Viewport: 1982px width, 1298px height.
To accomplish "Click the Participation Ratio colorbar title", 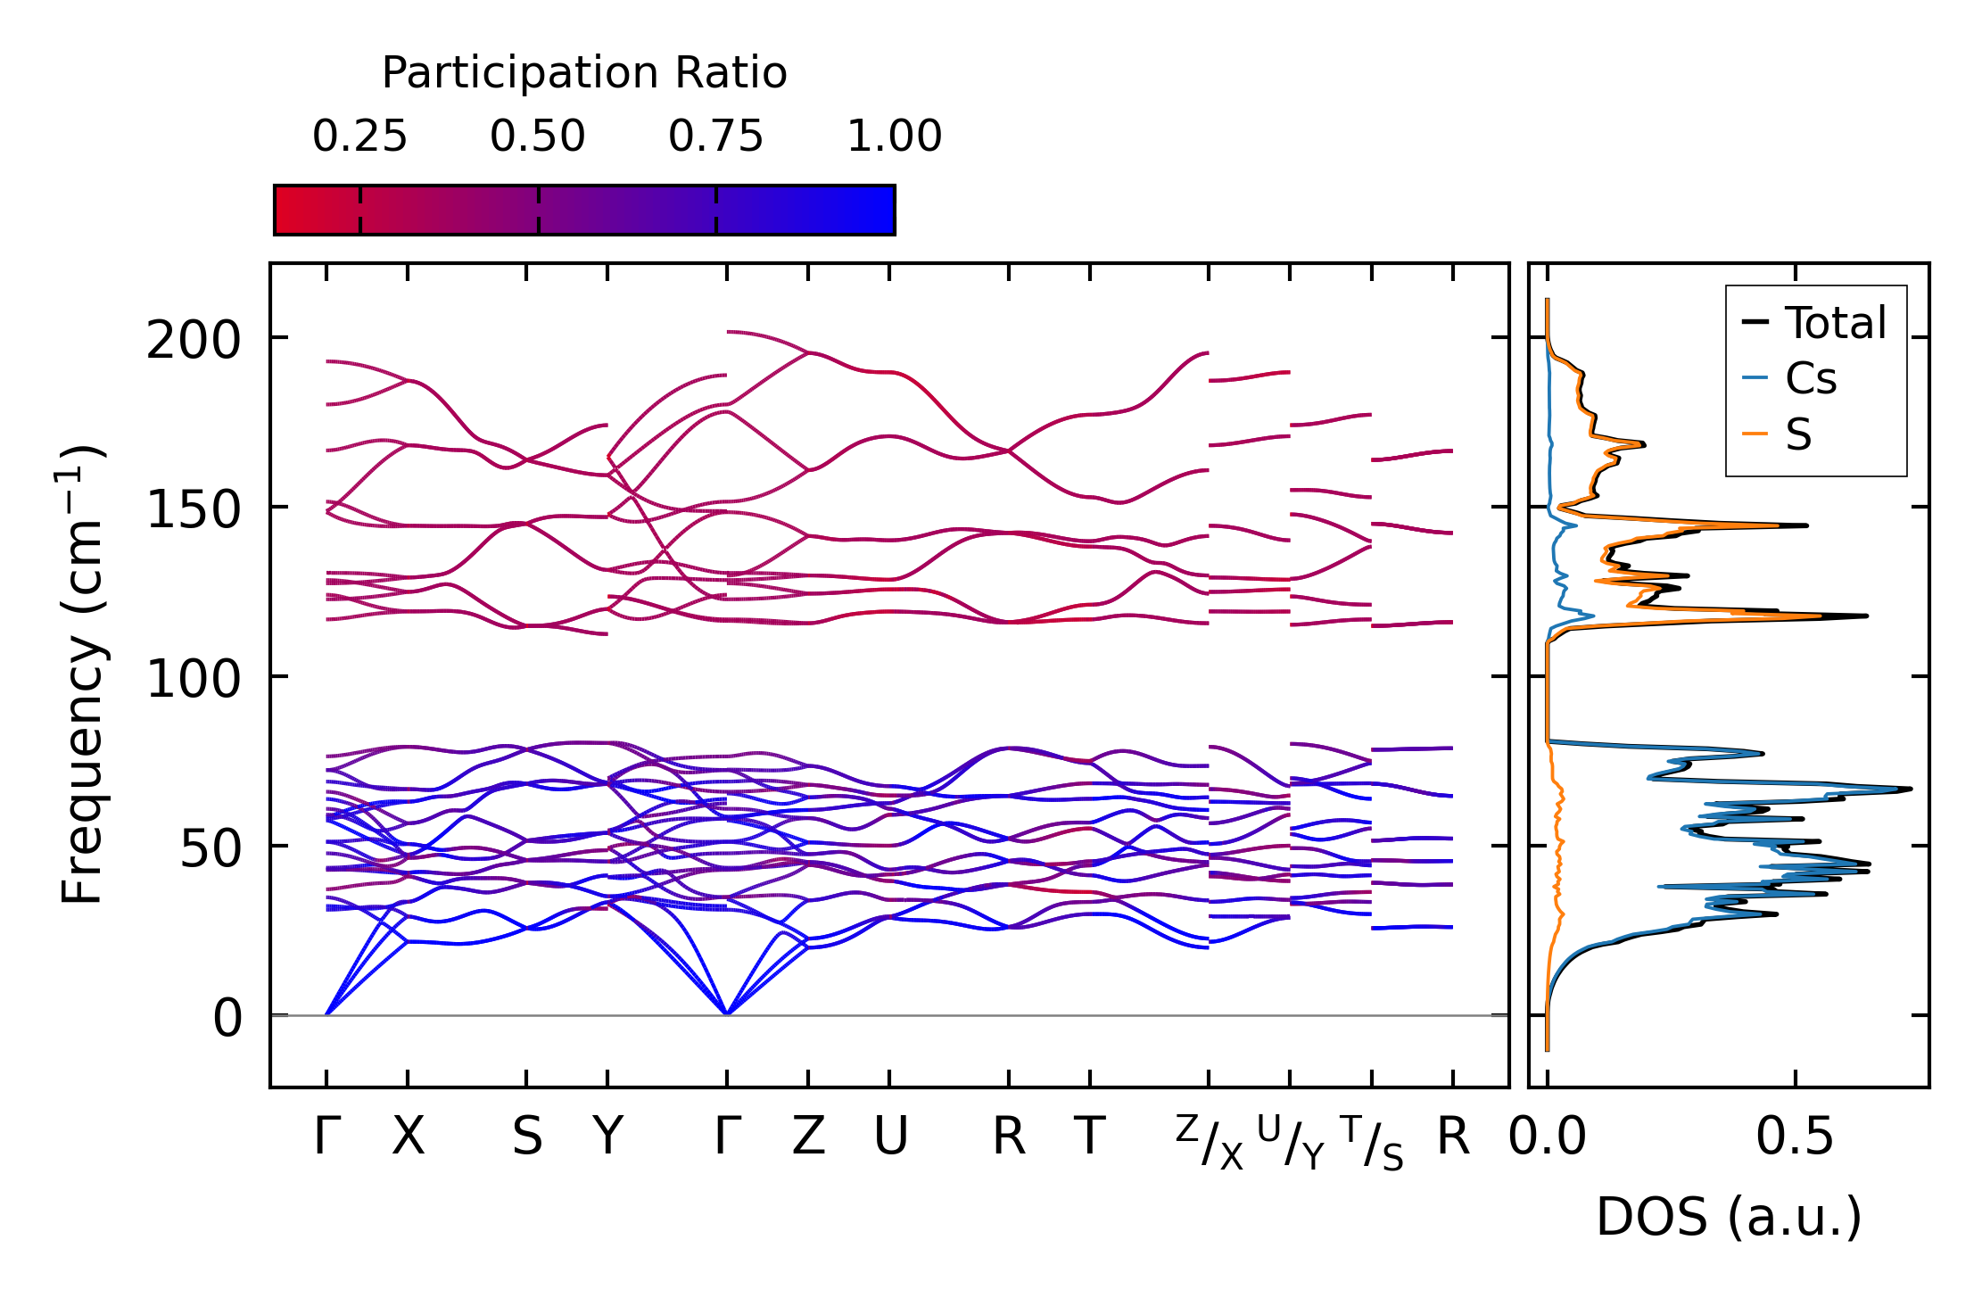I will point(584,73).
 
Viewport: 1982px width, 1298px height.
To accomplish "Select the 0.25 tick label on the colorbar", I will point(359,136).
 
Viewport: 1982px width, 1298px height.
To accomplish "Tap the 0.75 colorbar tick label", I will point(715,136).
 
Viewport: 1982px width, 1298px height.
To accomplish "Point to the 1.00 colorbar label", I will point(894,136).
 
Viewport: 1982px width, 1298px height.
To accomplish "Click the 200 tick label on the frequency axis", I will point(194,341).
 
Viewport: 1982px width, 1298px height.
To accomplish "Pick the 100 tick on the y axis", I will point(194,680).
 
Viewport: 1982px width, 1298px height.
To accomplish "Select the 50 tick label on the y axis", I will point(211,849).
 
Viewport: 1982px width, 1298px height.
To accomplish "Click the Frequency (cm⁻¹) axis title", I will point(82,675).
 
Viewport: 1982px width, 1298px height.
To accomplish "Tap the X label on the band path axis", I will point(408,1137).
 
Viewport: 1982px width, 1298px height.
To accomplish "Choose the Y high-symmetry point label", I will point(607,1137).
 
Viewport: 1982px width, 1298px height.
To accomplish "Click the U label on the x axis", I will point(889,1137).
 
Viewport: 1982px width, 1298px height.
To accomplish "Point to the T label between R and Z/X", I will point(1089,1137).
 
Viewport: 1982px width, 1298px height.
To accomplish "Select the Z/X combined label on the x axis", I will point(1209,1142).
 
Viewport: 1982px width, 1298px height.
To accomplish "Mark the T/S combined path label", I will point(1372,1142).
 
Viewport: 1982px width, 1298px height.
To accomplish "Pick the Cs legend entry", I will point(1811,379).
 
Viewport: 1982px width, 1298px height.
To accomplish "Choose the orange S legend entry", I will point(1798,435).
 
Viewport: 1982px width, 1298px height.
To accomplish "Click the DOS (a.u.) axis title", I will point(1729,1217).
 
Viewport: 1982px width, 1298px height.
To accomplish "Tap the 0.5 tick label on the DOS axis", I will point(1795,1137).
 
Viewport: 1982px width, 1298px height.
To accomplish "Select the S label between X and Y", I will point(526,1137).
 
